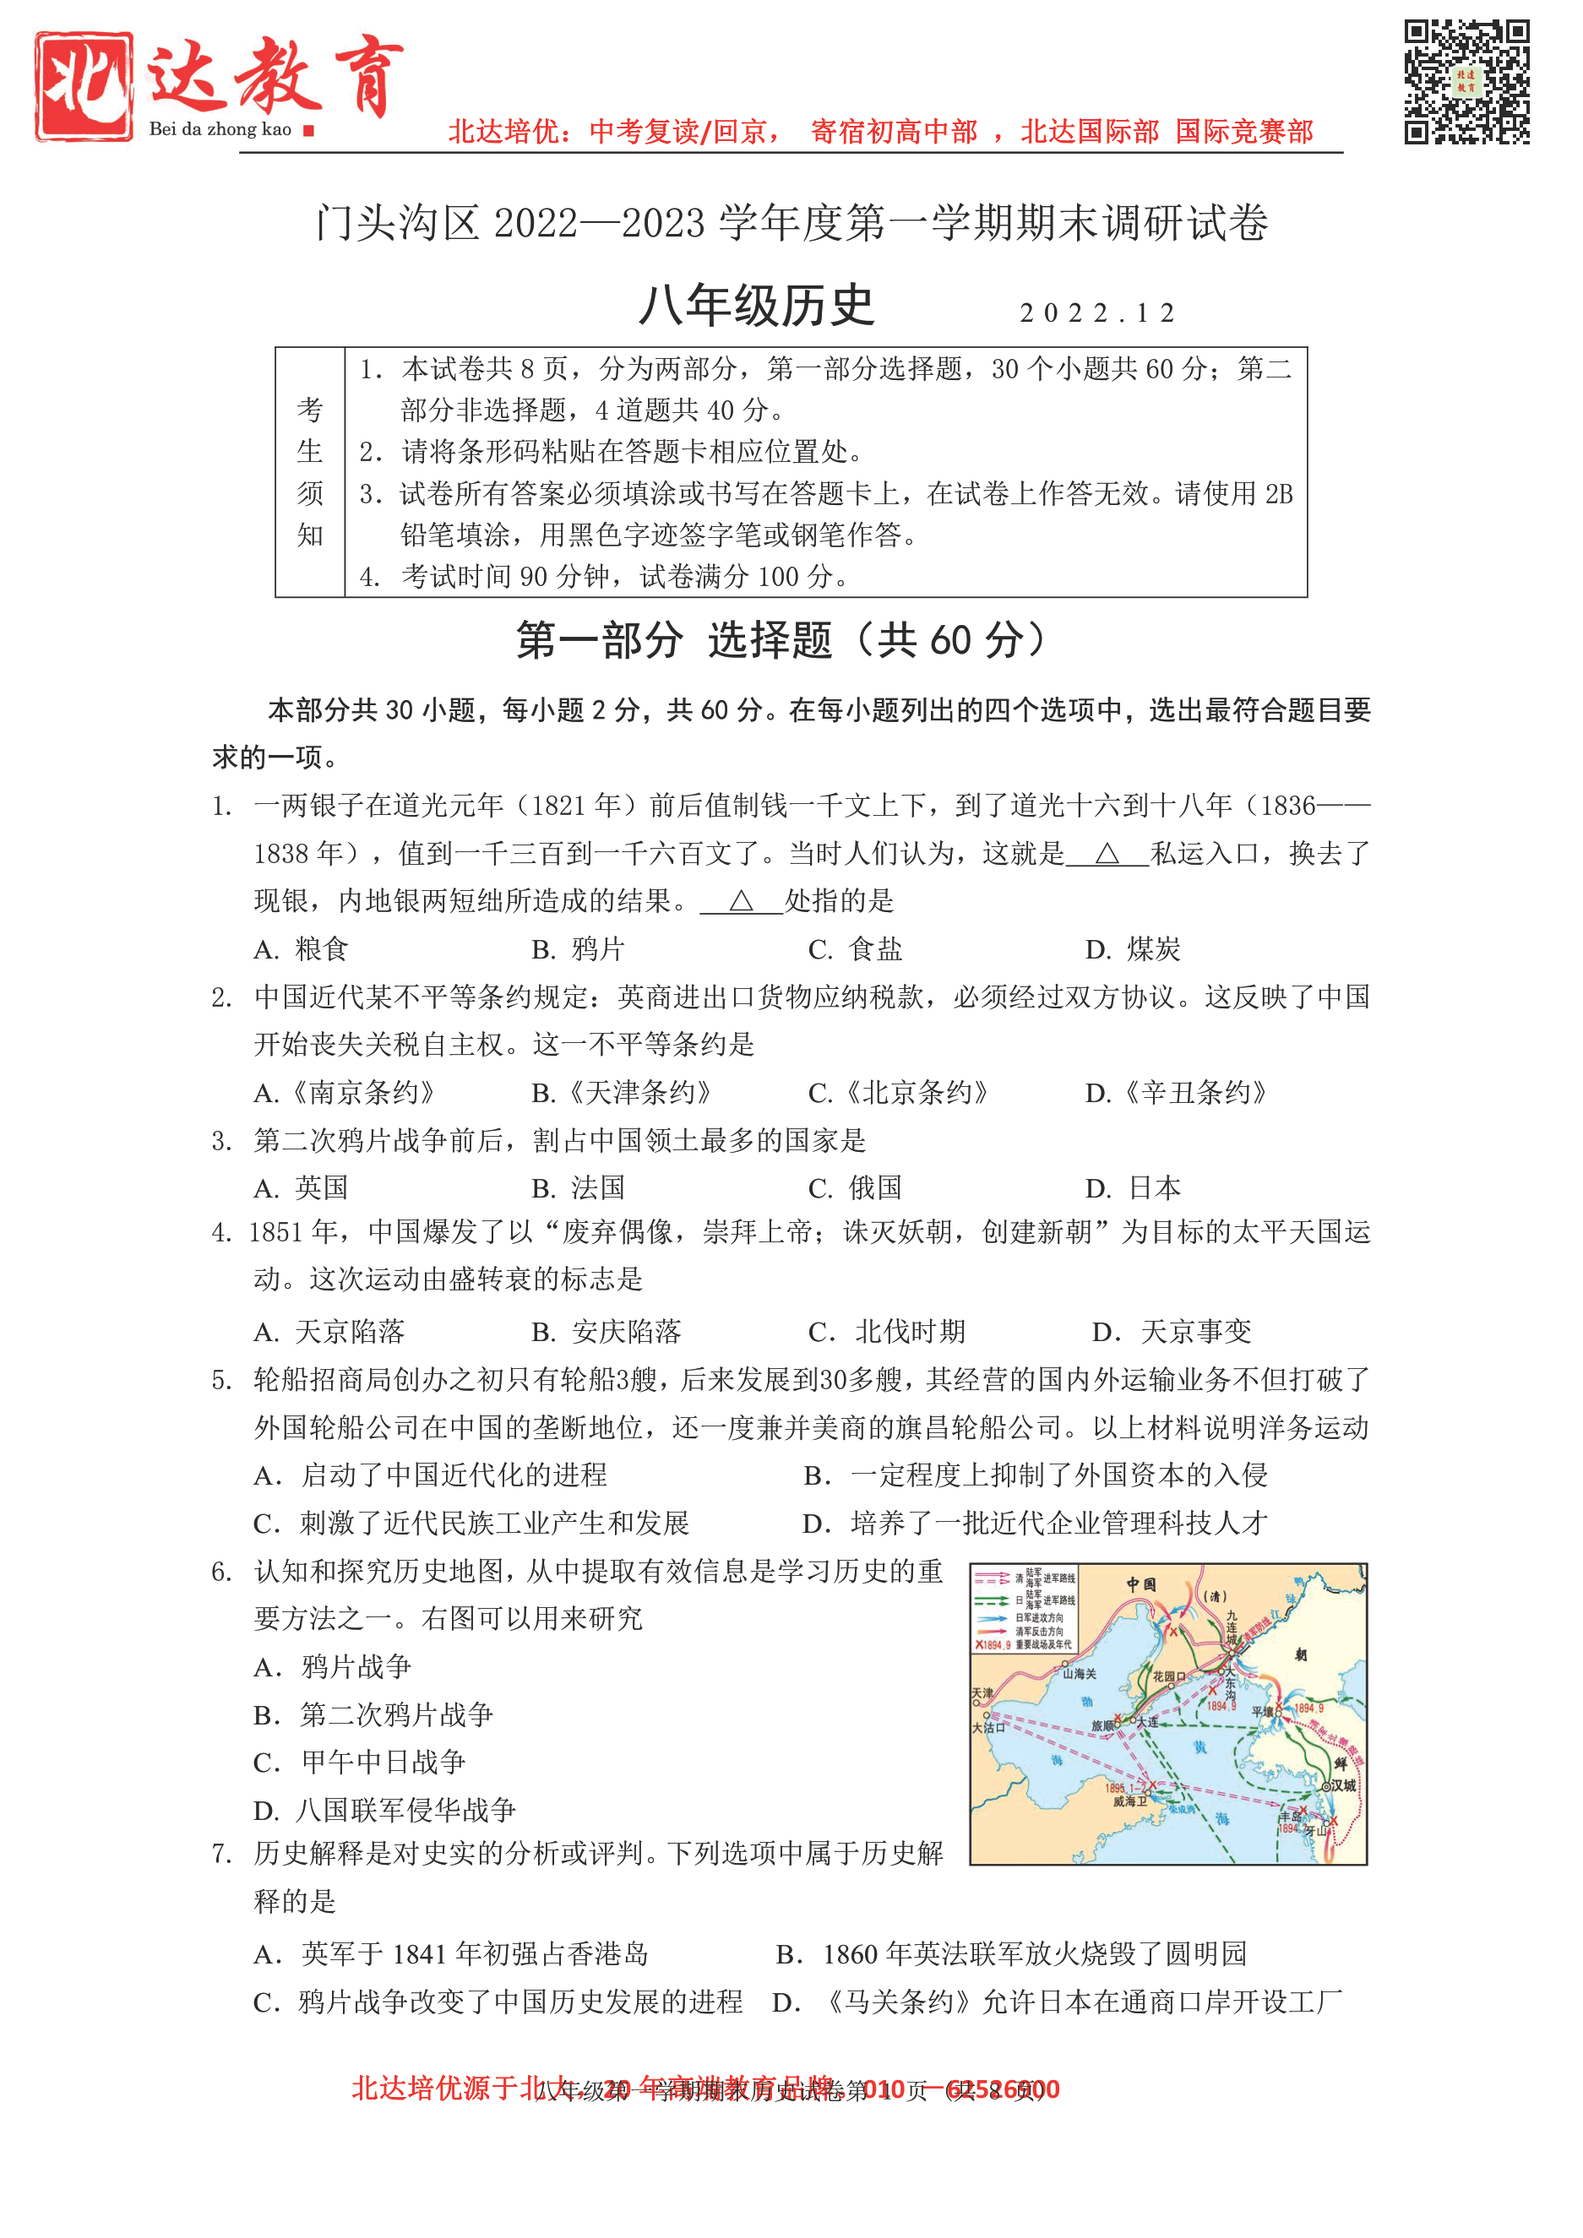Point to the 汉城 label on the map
coord(1343,1785)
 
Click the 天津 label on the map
coord(982,1694)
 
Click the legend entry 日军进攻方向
coord(1039,1617)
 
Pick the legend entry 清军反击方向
coord(1039,1631)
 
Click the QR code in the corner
coord(1466,82)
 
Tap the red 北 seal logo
coord(84,86)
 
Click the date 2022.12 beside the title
coord(1097,312)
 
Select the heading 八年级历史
coord(756,306)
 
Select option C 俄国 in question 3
coord(855,1188)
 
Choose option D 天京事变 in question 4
coord(1172,1332)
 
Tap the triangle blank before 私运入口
coord(1107,855)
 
